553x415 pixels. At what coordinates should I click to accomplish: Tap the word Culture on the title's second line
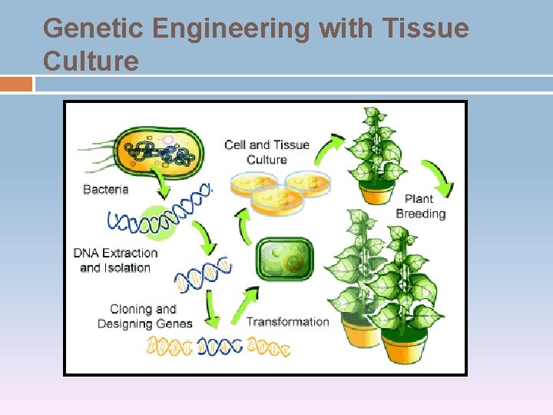point(91,61)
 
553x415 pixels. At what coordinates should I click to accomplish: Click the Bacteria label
point(105,190)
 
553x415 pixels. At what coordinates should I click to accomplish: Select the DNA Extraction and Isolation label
point(115,261)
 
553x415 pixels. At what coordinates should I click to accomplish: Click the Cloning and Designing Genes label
point(144,317)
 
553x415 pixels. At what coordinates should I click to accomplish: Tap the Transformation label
point(287,322)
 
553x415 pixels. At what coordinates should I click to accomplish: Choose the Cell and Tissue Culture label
point(267,152)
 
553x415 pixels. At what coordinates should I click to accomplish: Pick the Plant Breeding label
point(420,207)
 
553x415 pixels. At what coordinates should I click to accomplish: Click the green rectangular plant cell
point(285,260)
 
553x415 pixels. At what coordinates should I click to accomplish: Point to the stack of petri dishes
point(279,189)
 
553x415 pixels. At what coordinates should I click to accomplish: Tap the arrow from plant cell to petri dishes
point(244,226)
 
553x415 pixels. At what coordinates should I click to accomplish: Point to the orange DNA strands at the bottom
point(219,347)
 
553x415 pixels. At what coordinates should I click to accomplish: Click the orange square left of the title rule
point(16,84)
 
